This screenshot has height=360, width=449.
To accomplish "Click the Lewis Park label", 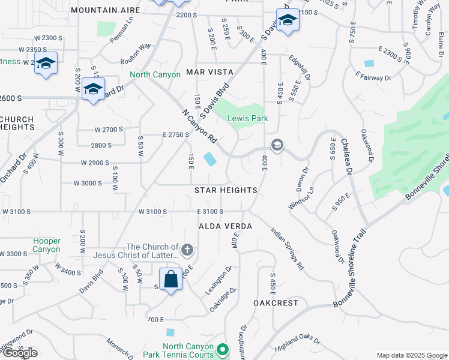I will click(x=247, y=119).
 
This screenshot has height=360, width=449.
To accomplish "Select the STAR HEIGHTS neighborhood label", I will click(x=226, y=190).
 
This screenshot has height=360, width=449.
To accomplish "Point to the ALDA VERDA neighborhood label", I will click(x=225, y=226).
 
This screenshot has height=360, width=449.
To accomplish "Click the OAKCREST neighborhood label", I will click(x=276, y=303).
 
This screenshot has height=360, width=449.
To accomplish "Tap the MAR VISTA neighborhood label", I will click(x=209, y=72).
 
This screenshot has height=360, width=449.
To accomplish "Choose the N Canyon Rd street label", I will click(x=199, y=125).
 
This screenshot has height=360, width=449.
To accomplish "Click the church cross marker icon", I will click(x=187, y=250).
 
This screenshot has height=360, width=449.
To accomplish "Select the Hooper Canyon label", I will click(x=47, y=245).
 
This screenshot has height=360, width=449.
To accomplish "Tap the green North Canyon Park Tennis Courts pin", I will click(x=223, y=349).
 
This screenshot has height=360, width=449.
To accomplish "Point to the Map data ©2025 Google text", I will click(x=412, y=355).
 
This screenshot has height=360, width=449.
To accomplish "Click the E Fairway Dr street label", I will click(x=373, y=77).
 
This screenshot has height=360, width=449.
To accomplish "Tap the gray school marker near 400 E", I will click(x=277, y=145).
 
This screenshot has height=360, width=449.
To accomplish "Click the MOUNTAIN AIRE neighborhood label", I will click(x=104, y=10).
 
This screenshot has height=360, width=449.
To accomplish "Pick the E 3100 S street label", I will click(x=209, y=211).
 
